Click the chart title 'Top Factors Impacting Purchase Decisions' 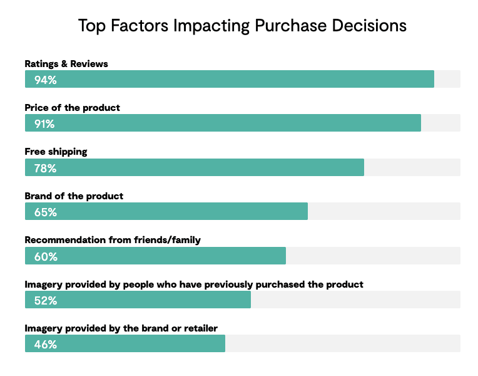pos(242,26)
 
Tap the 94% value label pos(45,80)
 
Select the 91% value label pos(44,123)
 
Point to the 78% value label pos(45,168)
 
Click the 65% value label pos(45,212)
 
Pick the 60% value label pos(45,256)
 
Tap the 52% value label pos(45,300)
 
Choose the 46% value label pos(45,344)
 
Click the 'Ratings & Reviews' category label pos(66,64)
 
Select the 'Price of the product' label pos(72,108)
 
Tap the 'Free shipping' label pos(56,152)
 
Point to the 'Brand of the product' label pos(74,196)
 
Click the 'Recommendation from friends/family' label pos(113,240)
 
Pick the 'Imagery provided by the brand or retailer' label pos(121,328)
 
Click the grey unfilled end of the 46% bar pos(342,343)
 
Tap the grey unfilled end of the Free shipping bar pos(412,167)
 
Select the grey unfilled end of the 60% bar pos(373,256)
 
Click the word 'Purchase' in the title pos(288,26)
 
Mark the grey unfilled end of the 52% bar pos(355,300)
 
